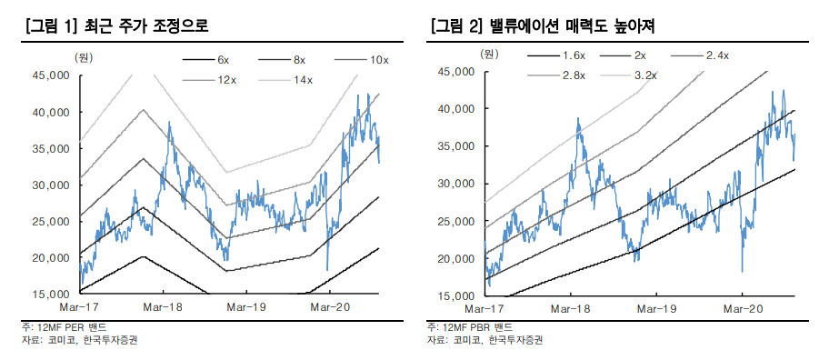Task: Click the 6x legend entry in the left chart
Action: click(223, 59)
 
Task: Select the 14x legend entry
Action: click(302, 80)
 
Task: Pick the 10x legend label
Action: click(378, 59)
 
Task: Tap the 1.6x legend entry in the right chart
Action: click(573, 55)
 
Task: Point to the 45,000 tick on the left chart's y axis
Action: click(52, 75)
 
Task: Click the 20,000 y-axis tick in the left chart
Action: click(52, 257)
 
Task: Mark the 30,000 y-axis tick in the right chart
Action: click(454, 184)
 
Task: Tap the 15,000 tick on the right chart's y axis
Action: click(454, 295)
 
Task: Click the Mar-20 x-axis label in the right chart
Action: click(743, 309)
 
